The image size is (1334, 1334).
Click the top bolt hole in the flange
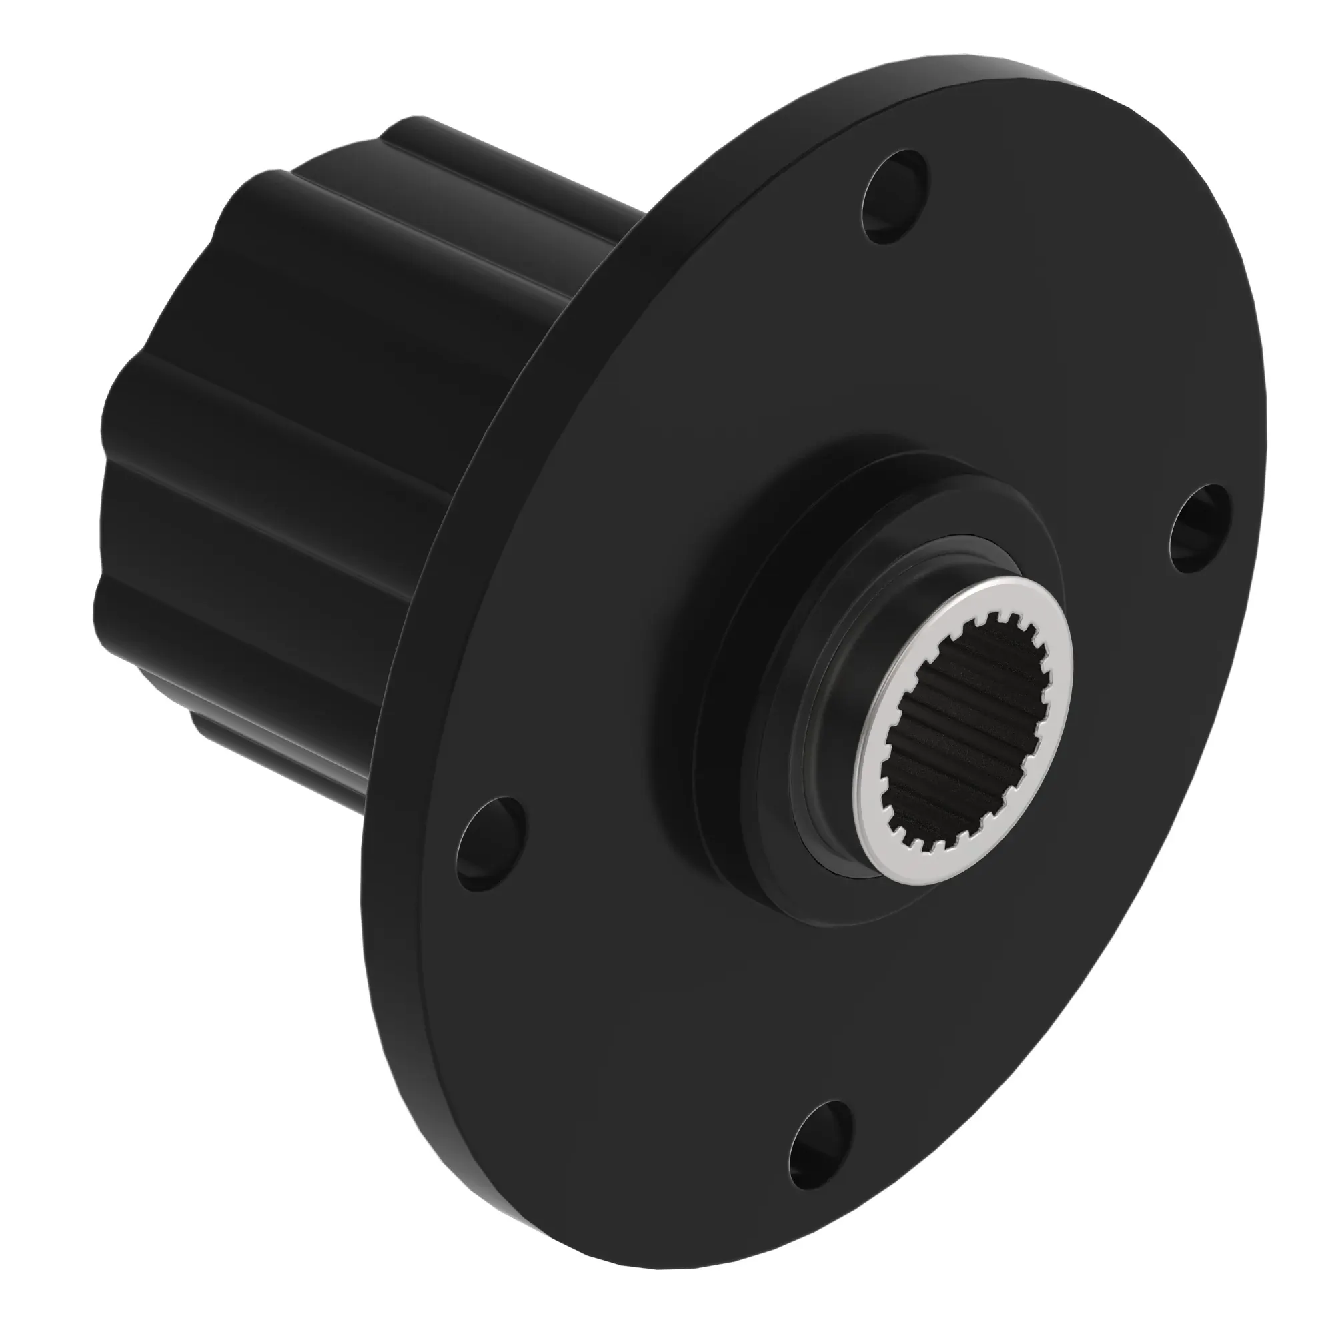[x=896, y=197]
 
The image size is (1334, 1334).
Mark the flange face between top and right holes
[x=1077, y=331]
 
